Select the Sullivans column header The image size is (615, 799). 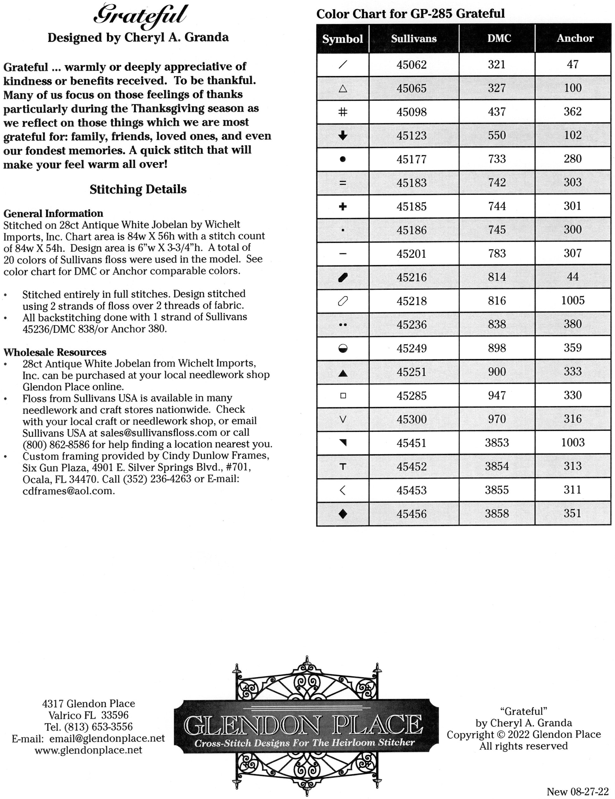pyautogui.click(x=414, y=39)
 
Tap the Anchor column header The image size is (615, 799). pyautogui.click(x=575, y=39)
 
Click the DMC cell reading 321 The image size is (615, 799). pyautogui.click(x=497, y=65)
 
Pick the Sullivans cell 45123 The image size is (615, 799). pyautogui.click(x=411, y=136)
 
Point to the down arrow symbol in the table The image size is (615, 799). pyautogui.click(x=343, y=136)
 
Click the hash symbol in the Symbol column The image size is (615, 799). pyautogui.click(x=343, y=112)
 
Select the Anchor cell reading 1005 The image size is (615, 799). pyautogui.click(x=573, y=301)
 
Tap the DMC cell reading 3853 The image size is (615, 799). pyautogui.click(x=497, y=443)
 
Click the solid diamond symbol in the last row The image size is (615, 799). pyautogui.click(x=343, y=514)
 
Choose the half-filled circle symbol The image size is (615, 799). pyautogui.click(x=343, y=348)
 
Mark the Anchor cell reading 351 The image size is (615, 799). pyautogui.click(x=573, y=514)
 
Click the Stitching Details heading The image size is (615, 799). pyautogui.click(x=138, y=189)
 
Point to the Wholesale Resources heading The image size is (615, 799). pyautogui.click(x=55, y=352)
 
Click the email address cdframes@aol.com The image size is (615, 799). pyautogui.click(x=69, y=491)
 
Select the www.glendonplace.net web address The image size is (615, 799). pyautogui.click(x=88, y=750)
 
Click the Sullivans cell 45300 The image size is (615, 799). pyautogui.click(x=411, y=419)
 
